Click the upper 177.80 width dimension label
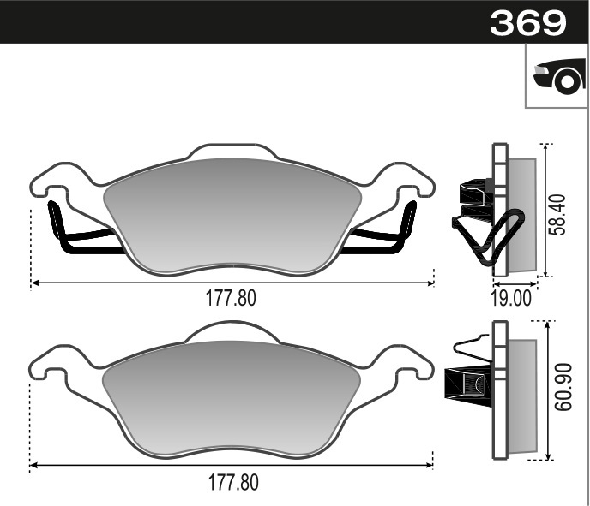coord(231,298)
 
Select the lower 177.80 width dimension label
coord(231,482)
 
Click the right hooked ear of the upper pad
coord(410,182)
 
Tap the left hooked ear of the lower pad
coord(51,363)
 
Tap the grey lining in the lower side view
coord(522,394)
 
